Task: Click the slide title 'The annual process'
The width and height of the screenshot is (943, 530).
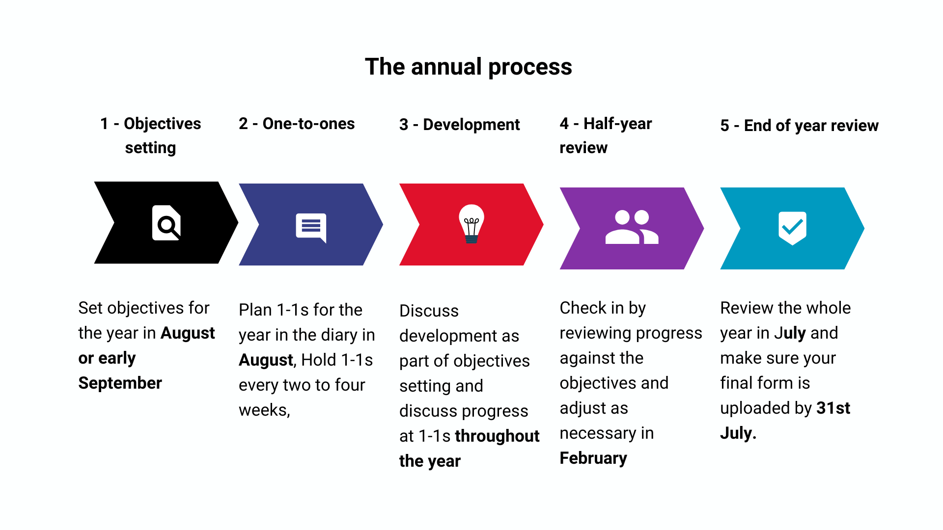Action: click(x=469, y=67)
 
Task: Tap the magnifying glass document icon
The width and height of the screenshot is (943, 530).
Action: click(x=166, y=223)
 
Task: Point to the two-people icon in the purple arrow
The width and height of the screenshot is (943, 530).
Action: click(x=632, y=227)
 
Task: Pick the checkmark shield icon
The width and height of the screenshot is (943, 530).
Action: click(x=792, y=228)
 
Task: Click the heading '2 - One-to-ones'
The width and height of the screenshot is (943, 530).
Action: click(x=297, y=124)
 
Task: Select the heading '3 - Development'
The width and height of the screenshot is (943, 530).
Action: click(x=459, y=125)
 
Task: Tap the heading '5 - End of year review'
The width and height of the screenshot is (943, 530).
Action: click(x=799, y=126)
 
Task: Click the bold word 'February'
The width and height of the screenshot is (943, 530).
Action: click(x=593, y=458)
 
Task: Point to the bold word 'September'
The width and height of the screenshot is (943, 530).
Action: click(x=120, y=383)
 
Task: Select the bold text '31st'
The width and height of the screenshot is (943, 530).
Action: click(x=833, y=408)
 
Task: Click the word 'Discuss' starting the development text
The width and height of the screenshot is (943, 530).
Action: click(x=429, y=311)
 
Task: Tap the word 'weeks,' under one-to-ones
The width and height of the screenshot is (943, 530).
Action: click(x=264, y=410)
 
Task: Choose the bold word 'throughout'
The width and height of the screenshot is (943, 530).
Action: click(x=497, y=436)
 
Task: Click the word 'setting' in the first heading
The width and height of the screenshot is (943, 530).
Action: click(x=150, y=148)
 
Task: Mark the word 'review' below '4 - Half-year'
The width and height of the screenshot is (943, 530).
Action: click(x=583, y=148)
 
